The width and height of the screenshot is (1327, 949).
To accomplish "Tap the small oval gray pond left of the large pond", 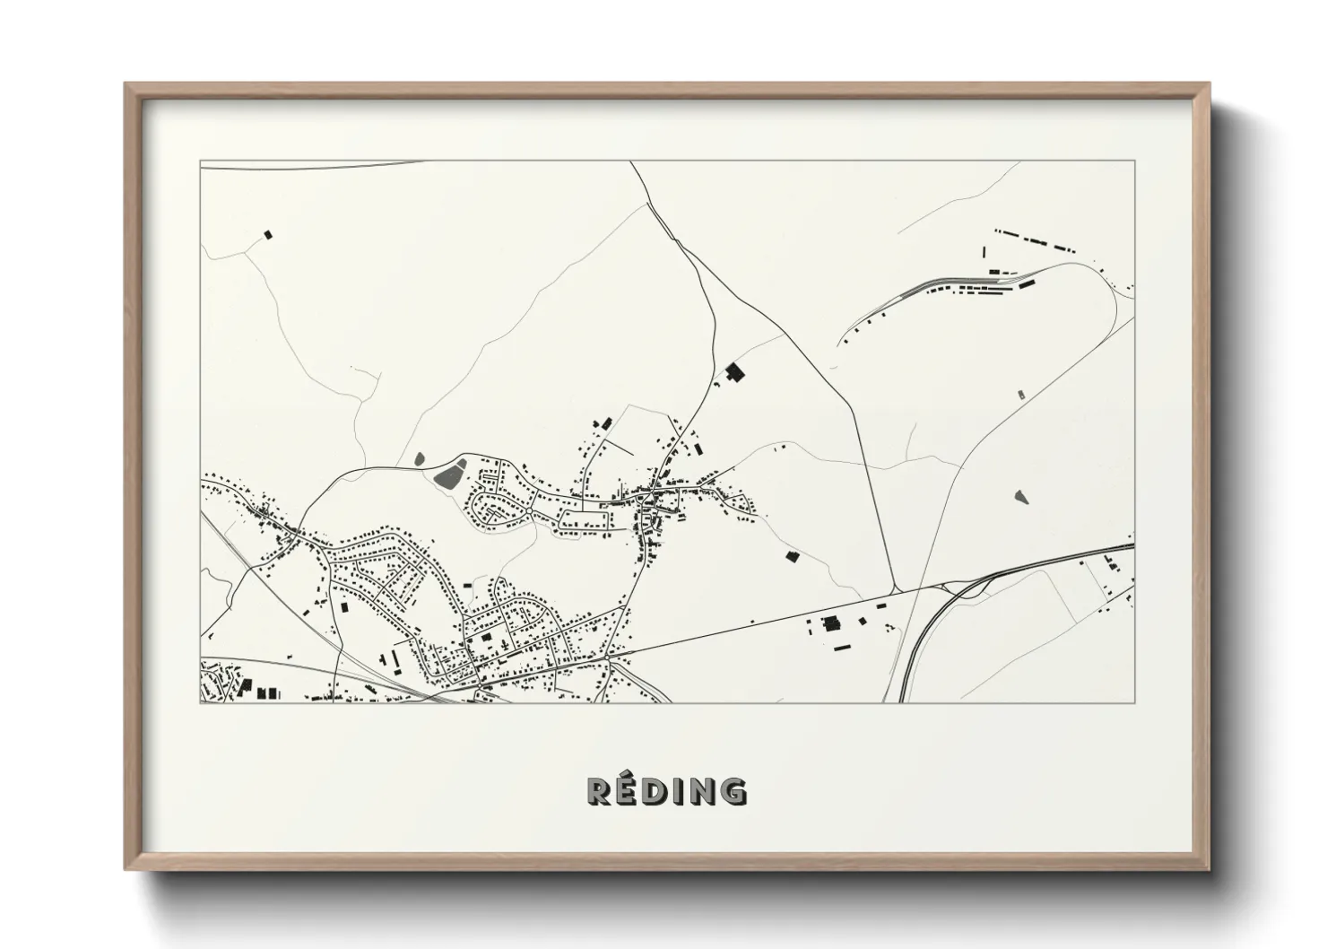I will coord(419,459).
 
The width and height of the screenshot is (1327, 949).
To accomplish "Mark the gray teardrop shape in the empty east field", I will coord(1021,495).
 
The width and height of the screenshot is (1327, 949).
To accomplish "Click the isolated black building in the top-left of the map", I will coord(267,235).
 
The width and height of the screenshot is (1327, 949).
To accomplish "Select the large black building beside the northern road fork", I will coord(735,371).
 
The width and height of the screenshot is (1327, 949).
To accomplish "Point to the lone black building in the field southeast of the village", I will coord(792,556).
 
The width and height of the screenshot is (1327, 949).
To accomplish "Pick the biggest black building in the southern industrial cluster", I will coord(828,623).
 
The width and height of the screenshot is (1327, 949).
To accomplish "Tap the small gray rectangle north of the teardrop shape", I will coord(1020,394).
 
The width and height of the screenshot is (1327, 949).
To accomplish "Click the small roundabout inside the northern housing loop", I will coord(531,511).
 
